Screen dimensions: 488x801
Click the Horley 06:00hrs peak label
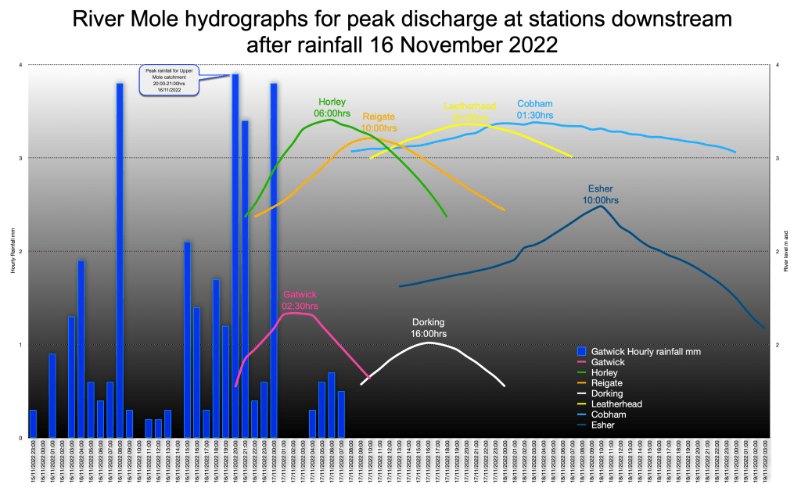[x=332, y=107]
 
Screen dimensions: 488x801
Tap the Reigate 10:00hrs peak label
[x=379, y=122]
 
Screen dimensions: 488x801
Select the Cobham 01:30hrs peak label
[x=535, y=109]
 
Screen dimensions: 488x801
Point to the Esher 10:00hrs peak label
[x=601, y=195]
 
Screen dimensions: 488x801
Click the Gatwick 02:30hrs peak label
[x=300, y=300]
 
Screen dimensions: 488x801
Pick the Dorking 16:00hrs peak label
[x=429, y=328]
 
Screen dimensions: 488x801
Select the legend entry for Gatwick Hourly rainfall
[x=645, y=352]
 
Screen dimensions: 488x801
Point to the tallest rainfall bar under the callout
[x=235, y=235]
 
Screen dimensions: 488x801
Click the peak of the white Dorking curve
[x=429, y=343]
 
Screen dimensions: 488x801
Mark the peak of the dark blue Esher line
[x=601, y=206]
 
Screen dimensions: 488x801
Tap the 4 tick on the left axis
[x=20, y=64]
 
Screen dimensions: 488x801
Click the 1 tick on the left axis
[x=20, y=344]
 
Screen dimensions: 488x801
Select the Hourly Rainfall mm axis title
[x=13, y=251]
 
